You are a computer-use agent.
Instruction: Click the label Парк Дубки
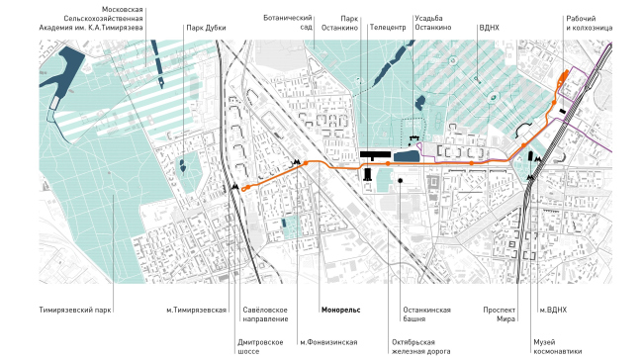point(206,29)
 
